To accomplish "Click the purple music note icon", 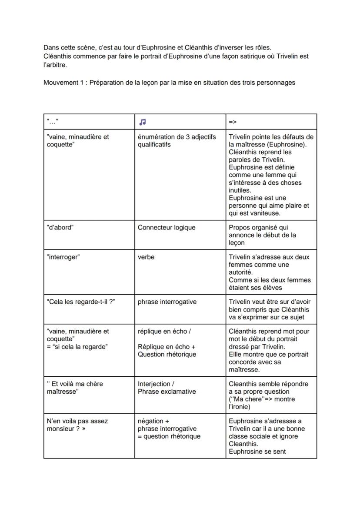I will pos(143,122).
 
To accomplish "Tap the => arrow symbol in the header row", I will pos(233,122).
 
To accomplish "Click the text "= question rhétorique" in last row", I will pos(169,436).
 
